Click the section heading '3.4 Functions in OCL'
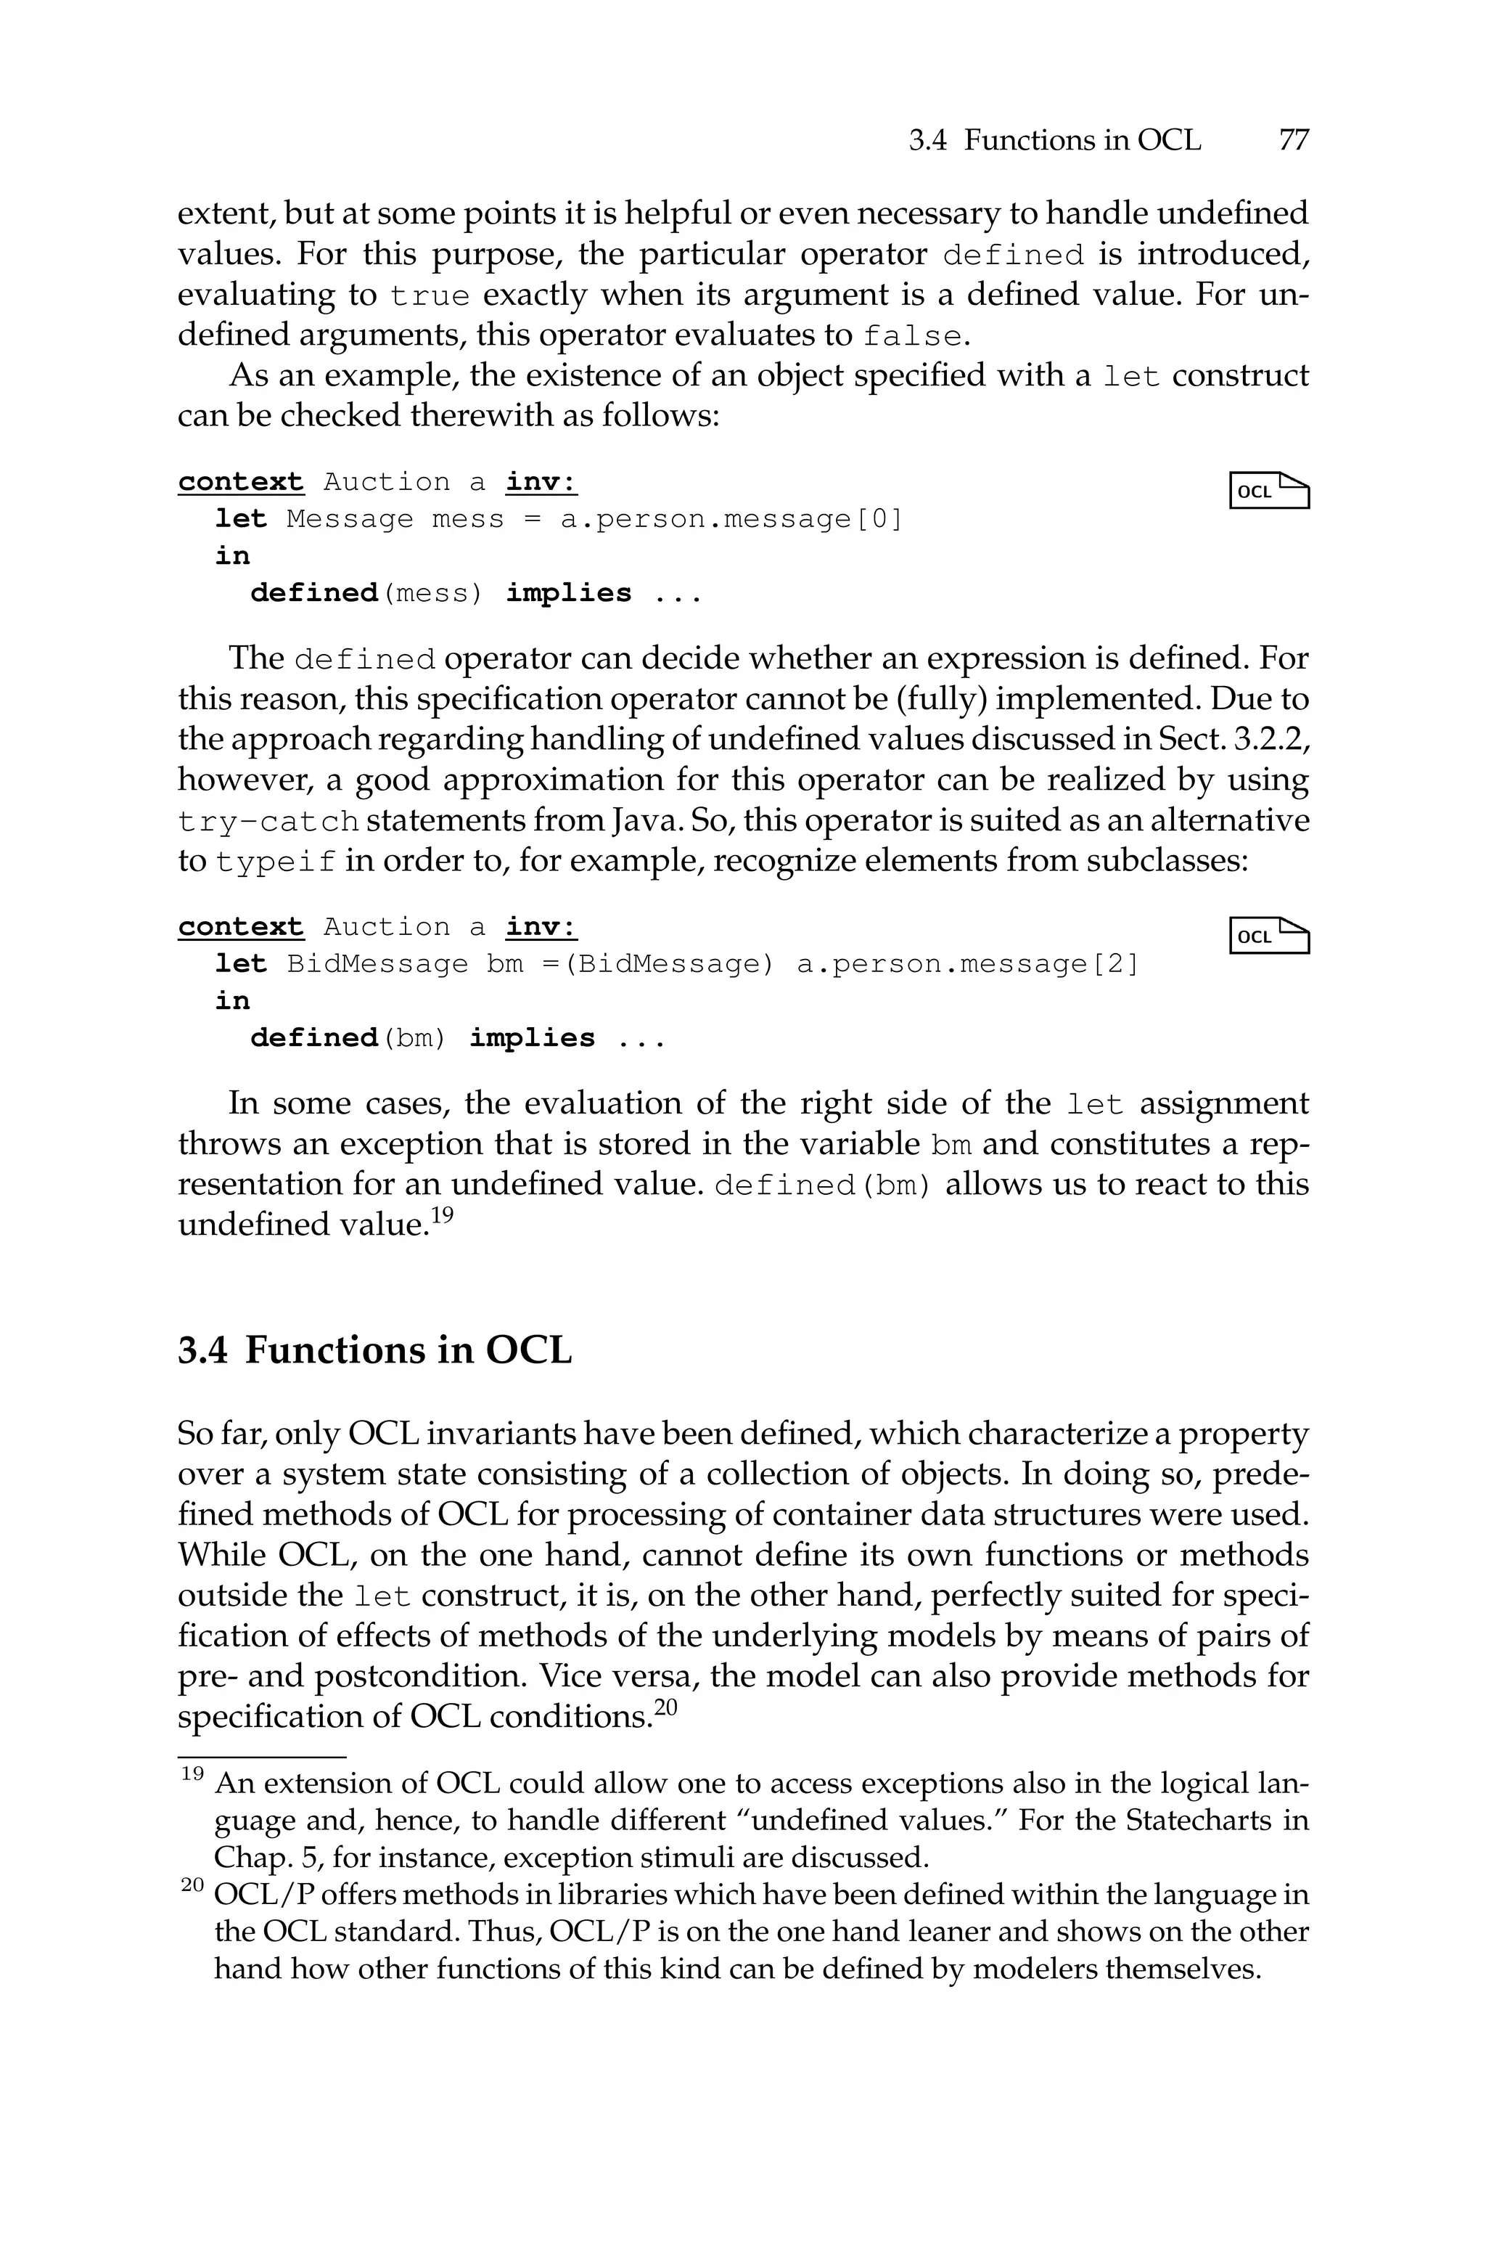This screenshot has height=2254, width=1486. click(374, 1349)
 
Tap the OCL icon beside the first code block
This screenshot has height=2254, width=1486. click(1269, 491)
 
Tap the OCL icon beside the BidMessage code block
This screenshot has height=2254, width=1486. click(1269, 936)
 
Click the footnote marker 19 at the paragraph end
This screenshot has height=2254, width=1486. click(443, 1215)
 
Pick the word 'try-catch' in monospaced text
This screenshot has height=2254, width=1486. click(268, 821)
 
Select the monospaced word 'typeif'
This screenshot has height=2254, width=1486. click(276, 862)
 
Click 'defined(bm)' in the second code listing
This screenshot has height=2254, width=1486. click(348, 1039)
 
